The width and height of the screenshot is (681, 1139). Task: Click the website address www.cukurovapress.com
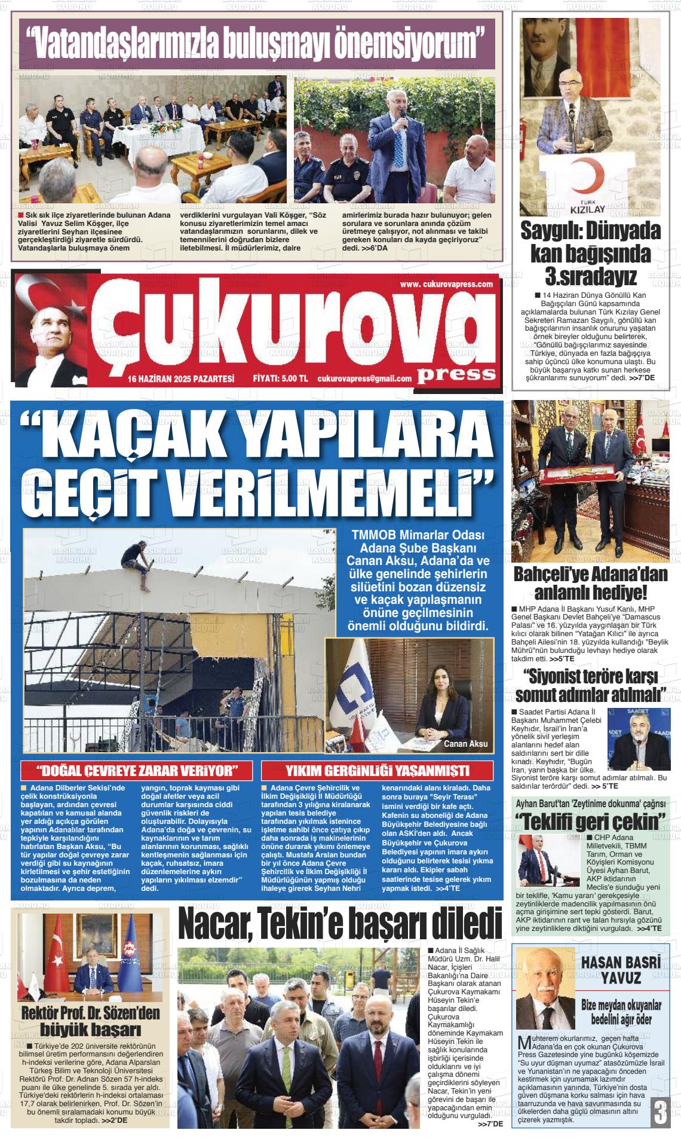tap(446, 285)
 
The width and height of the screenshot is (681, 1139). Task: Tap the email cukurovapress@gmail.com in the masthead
tap(364, 378)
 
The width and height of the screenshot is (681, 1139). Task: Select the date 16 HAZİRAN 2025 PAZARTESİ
tap(180, 378)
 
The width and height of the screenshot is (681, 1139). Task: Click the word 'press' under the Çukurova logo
tap(457, 374)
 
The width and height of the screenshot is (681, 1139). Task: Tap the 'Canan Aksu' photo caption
tap(465, 744)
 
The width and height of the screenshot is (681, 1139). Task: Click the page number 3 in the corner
tap(660, 1113)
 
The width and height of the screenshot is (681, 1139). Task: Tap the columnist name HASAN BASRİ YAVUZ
tap(621, 970)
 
